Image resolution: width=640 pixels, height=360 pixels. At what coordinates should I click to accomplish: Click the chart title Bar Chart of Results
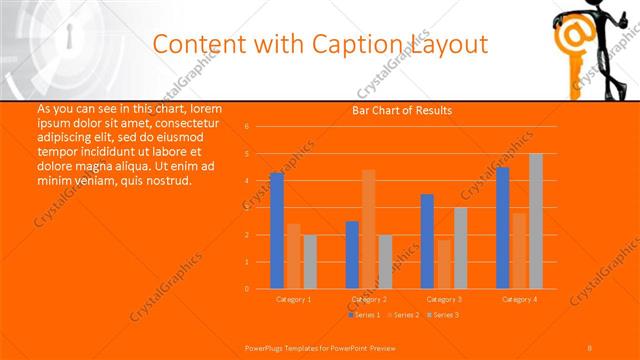click(x=401, y=110)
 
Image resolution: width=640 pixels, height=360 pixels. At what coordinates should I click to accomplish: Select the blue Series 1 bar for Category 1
click(x=277, y=231)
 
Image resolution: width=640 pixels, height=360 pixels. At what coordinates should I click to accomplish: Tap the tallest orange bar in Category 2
click(x=369, y=229)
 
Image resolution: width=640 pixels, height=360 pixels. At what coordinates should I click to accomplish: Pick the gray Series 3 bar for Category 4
click(x=536, y=221)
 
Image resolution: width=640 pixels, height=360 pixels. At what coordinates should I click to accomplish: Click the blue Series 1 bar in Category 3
click(x=427, y=241)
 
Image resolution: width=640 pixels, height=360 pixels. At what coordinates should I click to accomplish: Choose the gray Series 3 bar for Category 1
click(x=310, y=262)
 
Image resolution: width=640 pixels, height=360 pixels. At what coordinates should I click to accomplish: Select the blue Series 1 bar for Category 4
click(x=503, y=228)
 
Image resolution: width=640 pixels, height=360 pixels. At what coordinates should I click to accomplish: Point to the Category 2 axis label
click(x=369, y=299)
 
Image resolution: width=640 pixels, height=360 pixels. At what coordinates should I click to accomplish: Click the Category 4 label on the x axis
click(x=519, y=299)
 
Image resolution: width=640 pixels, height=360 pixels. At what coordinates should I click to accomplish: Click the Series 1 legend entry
click(x=364, y=315)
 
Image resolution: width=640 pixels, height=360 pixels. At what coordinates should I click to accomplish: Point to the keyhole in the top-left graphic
click(x=68, y=40)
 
